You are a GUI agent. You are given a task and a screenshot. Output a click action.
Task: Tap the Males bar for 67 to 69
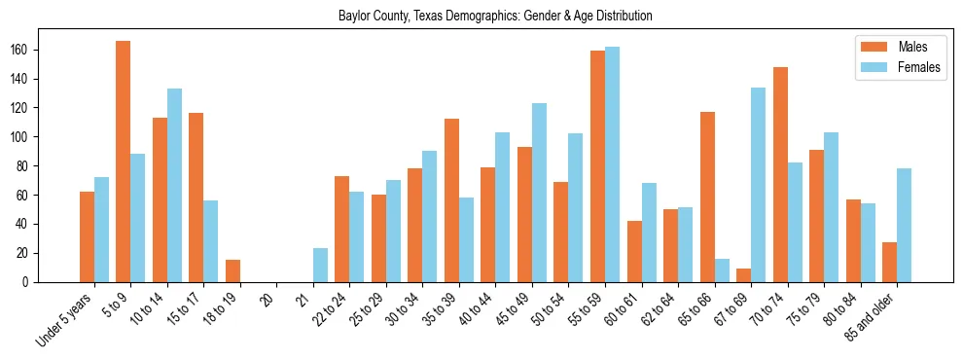click(744, 275)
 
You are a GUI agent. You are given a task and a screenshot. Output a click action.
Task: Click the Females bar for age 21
click(320, 266)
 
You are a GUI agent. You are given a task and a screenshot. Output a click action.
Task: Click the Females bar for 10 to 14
click(174, 186)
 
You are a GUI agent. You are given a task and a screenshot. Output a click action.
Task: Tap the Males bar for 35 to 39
click(451, 200)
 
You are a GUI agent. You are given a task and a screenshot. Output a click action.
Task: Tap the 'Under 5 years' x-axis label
click(64, 318)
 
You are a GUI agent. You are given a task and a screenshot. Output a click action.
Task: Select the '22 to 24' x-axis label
click(327, 310)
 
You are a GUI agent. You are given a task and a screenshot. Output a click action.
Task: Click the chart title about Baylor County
click(495, 17)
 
